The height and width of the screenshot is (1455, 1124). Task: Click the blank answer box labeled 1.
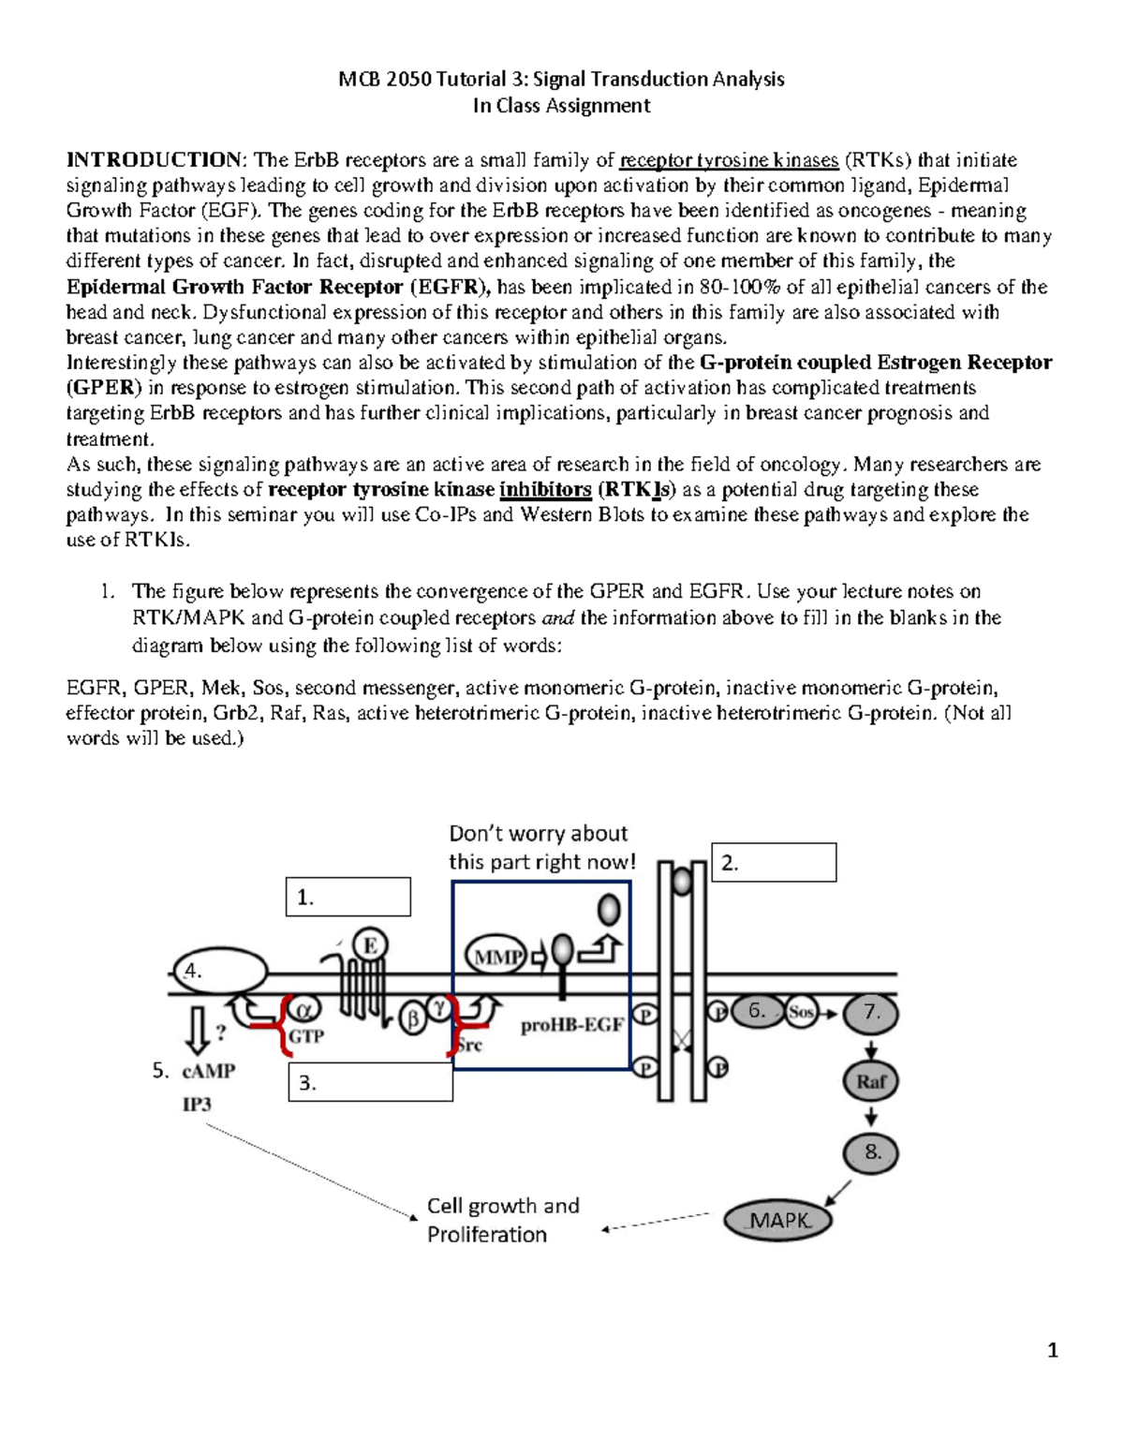(348, 897)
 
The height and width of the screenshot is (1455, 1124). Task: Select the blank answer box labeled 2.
(775, 863)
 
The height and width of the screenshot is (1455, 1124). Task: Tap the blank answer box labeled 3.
(371, 1082)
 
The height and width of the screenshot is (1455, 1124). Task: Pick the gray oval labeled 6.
(757, 1012)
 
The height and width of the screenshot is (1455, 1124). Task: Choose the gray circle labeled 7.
(871, 1012)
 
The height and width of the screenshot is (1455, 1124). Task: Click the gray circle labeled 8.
(871, 1152)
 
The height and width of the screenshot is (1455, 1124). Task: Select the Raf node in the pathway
(871, 1081)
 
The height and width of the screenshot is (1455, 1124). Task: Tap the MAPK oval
(778, 1220)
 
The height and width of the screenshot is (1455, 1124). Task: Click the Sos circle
(801, 1012)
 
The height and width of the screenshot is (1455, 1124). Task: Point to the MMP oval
(496, 957)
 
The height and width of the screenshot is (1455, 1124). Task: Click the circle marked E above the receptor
(370, 945)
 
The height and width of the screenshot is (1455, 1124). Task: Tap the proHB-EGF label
(572, 1025)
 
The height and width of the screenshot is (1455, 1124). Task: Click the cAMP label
(209, 1070)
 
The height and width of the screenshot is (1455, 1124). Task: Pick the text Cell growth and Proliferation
(503, 1220)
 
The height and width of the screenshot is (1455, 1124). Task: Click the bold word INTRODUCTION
(153, 160)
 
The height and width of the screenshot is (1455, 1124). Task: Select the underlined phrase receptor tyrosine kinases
(729, 160)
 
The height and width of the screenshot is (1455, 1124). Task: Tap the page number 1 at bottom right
(1053, 1350)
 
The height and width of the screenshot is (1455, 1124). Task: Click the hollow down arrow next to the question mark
(198, 1032)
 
